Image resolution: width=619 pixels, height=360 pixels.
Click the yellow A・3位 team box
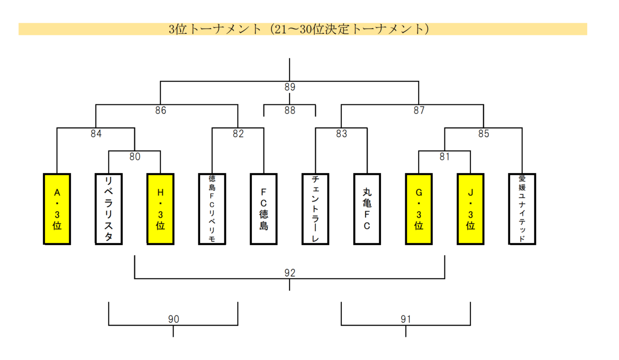pos(57,209)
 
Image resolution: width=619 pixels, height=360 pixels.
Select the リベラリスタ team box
pos(109,209)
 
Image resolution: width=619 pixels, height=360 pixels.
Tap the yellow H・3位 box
pos(161,209)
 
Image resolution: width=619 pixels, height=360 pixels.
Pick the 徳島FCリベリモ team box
pos(212,209)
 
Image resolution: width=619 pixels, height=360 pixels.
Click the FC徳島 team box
pos(264,209)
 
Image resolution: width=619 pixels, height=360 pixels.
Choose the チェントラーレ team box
pos(315,209)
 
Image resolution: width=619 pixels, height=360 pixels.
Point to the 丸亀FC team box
pos(367,209)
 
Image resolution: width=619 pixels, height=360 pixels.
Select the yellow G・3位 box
pos(419,209)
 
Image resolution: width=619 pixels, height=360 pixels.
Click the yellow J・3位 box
pos(470,209)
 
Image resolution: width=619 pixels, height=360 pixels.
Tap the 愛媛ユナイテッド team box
pos(522,209)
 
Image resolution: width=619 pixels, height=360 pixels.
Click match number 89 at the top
pos(290,87)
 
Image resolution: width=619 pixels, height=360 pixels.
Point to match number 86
pos(161,111)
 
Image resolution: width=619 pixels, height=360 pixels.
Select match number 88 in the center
pos(290,111)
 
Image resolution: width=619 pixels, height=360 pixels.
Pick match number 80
pos(135,157)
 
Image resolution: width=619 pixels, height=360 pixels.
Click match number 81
pos(445,157)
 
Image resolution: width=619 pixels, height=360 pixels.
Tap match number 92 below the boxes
pos(290,273)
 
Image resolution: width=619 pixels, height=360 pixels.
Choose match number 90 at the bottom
pos(173,319)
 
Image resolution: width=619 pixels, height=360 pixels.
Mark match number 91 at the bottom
pos(406,319)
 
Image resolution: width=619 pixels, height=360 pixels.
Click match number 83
pos(341,134)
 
